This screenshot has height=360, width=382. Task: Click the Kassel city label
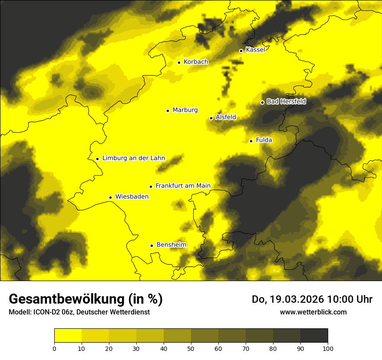[x=255, y=50]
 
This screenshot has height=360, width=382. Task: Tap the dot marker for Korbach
[x=179, y=62]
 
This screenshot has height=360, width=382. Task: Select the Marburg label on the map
[x=185, y=110]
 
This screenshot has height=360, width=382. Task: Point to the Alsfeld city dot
[x=211, y=118]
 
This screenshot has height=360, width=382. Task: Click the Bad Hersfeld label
[x=286, y=101]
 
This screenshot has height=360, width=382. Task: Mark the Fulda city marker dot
[x=251, y=141]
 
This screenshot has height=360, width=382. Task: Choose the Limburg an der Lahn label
[x=134, y=158]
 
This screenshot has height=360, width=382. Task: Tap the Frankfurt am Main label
[x=183, y=186]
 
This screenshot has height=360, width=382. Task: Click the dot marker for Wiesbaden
[x=111, y=197]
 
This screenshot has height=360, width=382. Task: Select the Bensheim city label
[x=171, y=245]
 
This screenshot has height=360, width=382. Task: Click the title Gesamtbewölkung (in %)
[x=86, y=299]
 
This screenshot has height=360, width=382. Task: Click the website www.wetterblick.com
[x=313, y=312]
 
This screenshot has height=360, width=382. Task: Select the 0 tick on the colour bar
[x=54, y=348]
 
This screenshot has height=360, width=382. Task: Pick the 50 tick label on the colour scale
[x=191, y=348]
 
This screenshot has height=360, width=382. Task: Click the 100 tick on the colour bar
[x=328, y=348]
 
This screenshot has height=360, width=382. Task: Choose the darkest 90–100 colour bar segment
[x=314, y=336]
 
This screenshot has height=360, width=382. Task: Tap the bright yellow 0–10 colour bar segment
[x=68, y=336]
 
